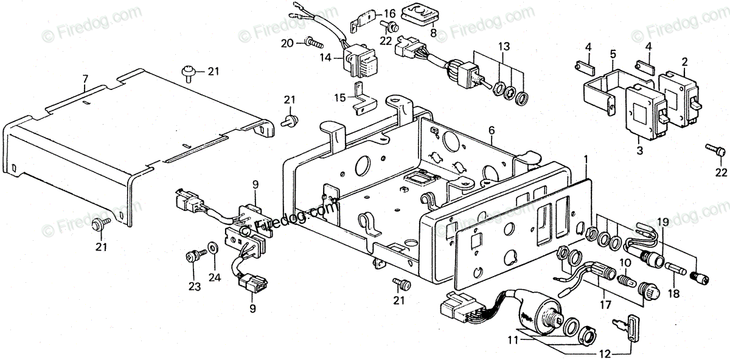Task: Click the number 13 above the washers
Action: (504, 46)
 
